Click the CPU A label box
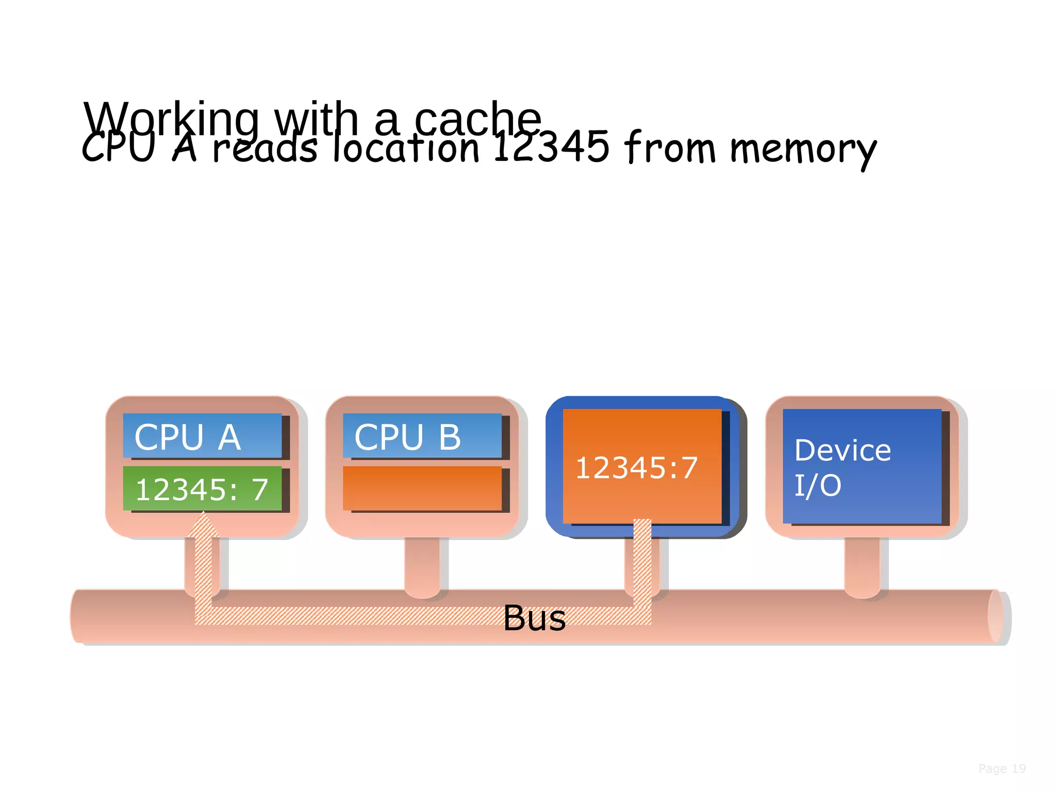coord(202,436)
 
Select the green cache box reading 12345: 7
coord(202,488)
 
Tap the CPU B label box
coord(422,436)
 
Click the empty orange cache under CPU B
coord(422,488)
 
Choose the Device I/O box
coord(862,466)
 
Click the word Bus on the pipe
coord(534,618)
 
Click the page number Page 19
coord(1002,769)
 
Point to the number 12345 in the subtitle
coord(551,147)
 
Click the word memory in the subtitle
coord(803,150)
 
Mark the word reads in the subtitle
coord(265,148)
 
